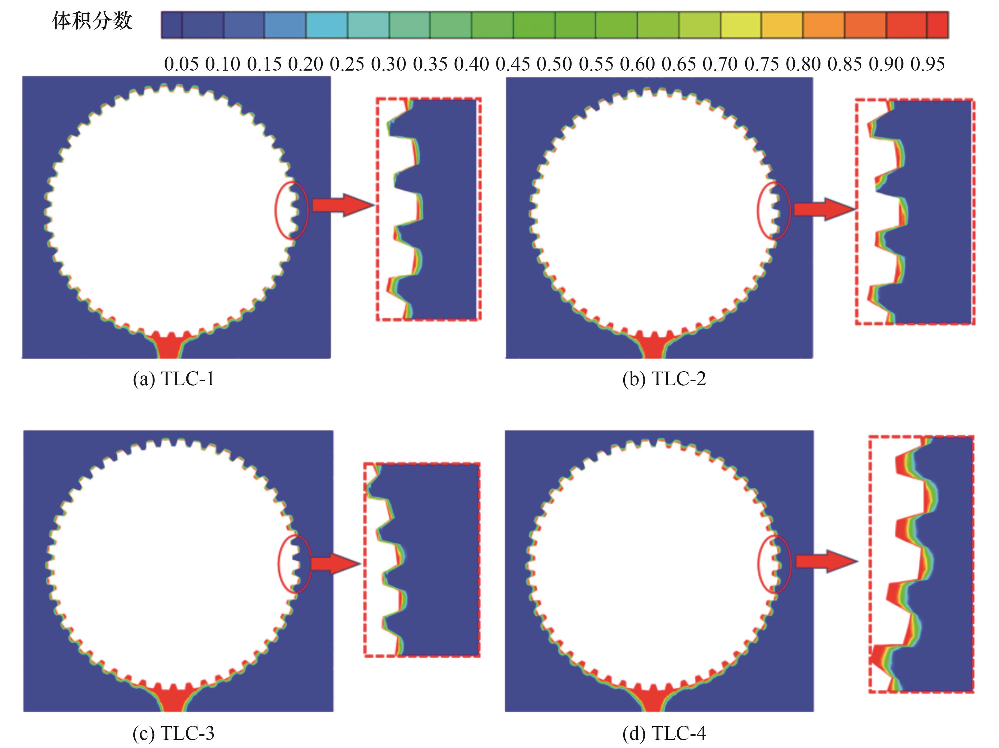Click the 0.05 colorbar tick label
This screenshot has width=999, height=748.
pyautogui.click(x=181, y=64)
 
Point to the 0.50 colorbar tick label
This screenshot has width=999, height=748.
pyautogui.click(x=554, y=64)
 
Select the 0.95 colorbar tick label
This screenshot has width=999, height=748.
pyautogui.click(x=927, y=64)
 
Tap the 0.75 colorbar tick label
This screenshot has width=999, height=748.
pyautogui.click(x=762, y=64)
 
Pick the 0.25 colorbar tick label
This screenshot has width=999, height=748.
pyautogui.click(x=347, y=64)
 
